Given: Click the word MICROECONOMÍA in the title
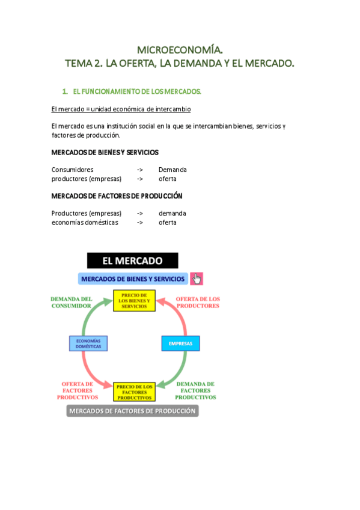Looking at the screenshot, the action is [180, 49].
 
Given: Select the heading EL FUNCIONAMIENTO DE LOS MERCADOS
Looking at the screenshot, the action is [136, 91].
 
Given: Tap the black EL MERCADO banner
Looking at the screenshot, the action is [133, 260].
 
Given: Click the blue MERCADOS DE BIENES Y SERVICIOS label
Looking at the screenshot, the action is [133, 279].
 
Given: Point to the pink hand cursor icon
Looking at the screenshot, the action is [197, 279].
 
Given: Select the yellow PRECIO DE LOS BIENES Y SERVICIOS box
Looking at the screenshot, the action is [134, 301].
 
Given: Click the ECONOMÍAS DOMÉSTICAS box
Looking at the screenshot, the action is [88, 343].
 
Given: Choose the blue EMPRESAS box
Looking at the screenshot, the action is [180, 343].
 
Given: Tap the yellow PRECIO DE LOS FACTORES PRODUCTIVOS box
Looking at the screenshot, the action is [134, 392].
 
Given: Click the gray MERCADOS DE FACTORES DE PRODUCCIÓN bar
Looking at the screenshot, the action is [132, 411].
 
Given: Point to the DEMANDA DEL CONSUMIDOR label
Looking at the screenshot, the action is [71, 302].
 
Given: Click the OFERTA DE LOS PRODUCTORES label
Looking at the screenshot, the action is [198, 302].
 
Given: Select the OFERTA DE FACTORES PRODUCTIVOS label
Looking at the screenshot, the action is [78, 391].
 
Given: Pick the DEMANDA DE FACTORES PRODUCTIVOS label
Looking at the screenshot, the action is [195, 391].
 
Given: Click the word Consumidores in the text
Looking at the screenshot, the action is [72, 170].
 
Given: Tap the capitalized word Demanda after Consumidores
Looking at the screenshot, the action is [172, 170].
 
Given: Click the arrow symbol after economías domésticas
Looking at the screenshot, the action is [139, 223].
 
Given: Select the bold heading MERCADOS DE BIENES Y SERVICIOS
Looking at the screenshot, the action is [105, 153].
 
